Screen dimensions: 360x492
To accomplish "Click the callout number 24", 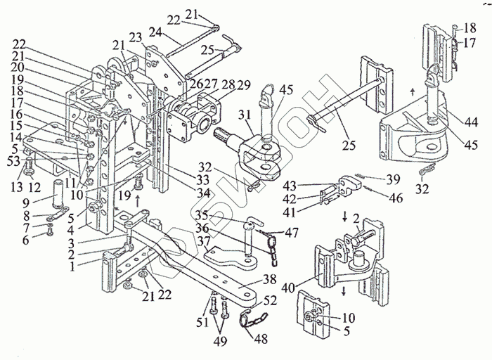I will pyautogui.click(x=172, y=32).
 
